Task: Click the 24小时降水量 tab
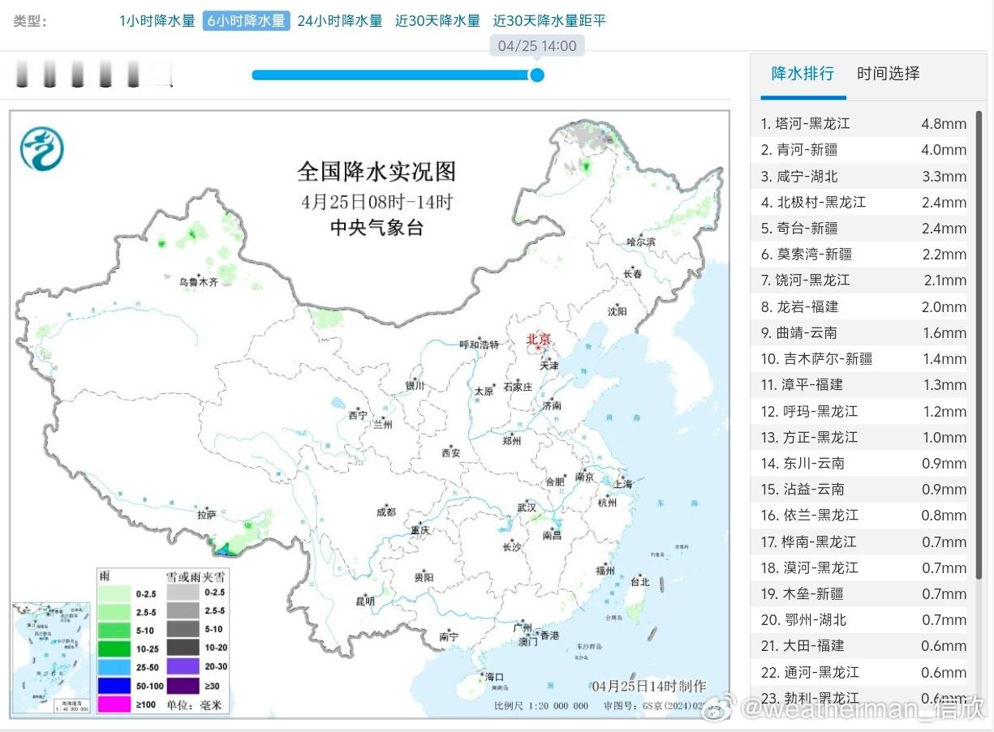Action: (339, 21)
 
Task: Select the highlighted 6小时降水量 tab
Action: (246, 21)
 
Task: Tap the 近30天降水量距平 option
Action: (549, 21)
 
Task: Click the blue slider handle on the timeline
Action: (536, 75)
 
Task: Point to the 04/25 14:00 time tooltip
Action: (537, 46)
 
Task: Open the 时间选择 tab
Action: (889, 74)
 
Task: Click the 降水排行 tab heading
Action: (803, 74)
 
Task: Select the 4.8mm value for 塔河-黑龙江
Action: (944, 124)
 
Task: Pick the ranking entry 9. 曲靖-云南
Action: (799, 332)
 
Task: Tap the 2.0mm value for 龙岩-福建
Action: (944, 306)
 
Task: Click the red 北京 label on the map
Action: (538, 340)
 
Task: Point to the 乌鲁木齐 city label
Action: (199, 282)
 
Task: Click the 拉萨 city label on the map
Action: (206, 514)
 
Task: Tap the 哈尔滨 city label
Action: (641, 242)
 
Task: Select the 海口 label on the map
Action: (494, 677)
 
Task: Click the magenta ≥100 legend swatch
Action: (114, 704)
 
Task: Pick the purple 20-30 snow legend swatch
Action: (184, 666)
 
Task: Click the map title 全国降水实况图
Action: (377, 172)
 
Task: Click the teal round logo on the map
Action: (42, 149)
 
